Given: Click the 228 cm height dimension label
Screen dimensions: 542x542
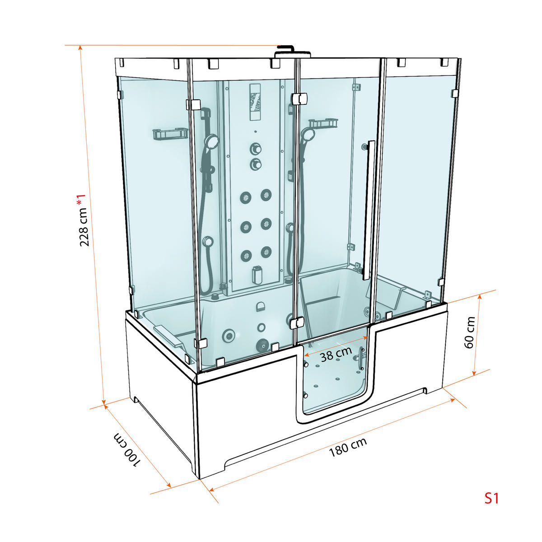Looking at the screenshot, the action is click(84, 220).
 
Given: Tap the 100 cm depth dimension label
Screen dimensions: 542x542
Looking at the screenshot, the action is click(127, 450).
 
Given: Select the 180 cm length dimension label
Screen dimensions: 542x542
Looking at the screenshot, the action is click(348, 451).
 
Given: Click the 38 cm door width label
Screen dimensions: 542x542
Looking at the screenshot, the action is click(336, 354).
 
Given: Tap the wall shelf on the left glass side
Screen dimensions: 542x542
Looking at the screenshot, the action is click(170, 134).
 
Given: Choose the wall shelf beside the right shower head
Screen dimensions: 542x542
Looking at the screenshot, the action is click(323, 123).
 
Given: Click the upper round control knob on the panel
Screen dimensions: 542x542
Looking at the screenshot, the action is click(255, 148).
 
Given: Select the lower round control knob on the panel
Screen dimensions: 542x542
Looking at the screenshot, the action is click(255, 164).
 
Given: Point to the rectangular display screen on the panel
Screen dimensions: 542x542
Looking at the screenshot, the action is click(255, 102).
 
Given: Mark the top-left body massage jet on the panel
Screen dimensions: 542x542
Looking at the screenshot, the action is click(246, 197).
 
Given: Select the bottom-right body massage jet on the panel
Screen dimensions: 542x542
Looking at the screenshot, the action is click(266, 252).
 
